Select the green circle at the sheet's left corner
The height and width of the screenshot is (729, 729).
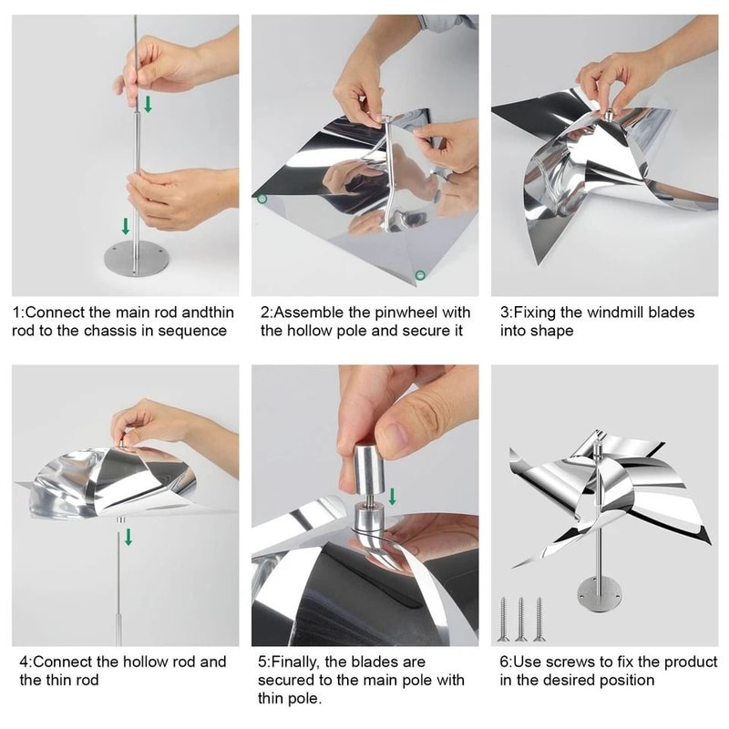pos(262,199)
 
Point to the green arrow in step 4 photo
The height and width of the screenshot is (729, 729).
pos(128,538)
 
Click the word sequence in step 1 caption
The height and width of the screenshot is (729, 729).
pos(196,331)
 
